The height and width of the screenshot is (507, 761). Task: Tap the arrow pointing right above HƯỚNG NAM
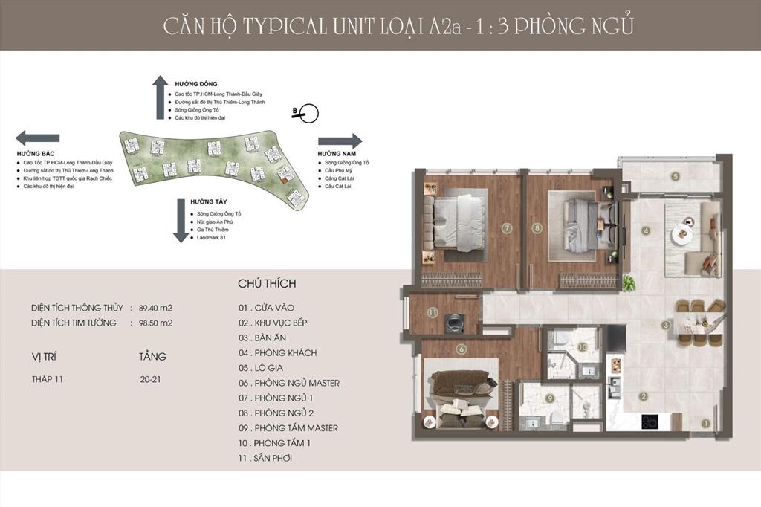point(340,141)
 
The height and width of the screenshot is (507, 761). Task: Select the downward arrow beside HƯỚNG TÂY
point(180,221)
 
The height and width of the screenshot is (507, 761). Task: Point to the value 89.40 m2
point(156,307)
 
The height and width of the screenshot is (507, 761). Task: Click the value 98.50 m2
point(156,323)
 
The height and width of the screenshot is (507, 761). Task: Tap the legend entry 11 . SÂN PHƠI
point(265,458)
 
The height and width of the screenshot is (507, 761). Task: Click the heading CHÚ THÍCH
point(267,283)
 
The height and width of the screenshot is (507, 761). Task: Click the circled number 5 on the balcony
point(675,176)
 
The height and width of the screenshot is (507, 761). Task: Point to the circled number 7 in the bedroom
point(506,228)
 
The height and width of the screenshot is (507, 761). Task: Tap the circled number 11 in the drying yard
point(433,313)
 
